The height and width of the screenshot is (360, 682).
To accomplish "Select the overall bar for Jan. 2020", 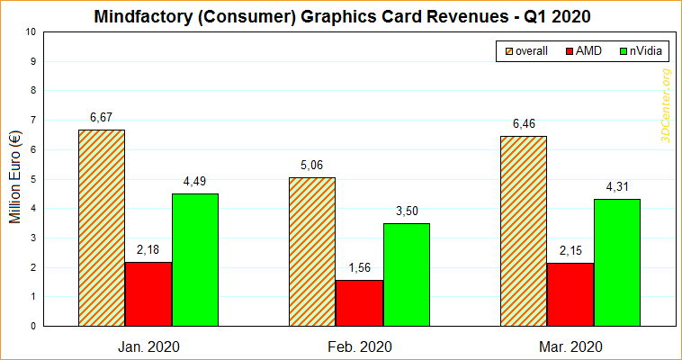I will tap(102, 227).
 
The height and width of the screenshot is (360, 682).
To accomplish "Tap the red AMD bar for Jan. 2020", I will tap(148, 293).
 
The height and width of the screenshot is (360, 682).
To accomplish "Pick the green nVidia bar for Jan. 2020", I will tap(195, 259).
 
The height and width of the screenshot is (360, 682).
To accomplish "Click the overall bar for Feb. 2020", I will tap(312, 251).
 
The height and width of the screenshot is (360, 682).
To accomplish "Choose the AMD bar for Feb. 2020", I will tap(359, 302).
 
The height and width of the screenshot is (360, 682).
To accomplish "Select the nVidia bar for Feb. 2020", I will tap(406, 274).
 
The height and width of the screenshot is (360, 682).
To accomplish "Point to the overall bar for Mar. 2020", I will tap(523, 230).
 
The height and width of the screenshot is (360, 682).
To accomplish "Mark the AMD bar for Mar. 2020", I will tap(570, 294).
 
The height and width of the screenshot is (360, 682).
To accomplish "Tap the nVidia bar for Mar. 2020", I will tap(616, 262).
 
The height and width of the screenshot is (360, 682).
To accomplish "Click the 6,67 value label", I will tap(102, 117).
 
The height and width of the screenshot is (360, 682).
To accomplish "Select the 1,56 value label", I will tap(359, 267).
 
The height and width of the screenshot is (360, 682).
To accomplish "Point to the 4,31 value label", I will tap(616, 186).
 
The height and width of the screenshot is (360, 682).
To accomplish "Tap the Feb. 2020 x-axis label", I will tap(359, 346).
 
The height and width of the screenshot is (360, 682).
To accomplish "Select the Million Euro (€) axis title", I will tap(13, 178).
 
